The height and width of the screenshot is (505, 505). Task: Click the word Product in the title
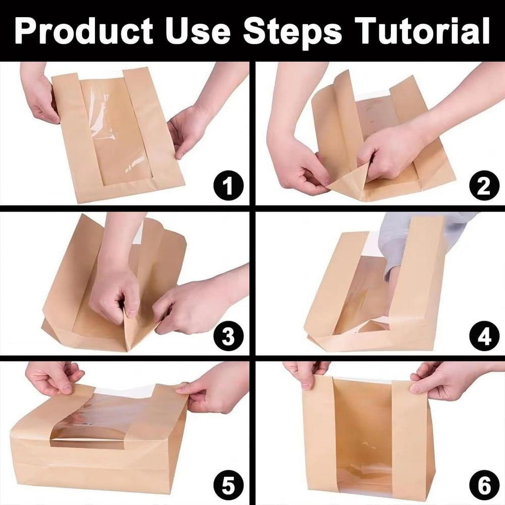pos(84,31)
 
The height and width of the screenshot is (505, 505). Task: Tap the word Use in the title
pos(198,31)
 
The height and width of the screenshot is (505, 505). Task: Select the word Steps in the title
pos(292,32)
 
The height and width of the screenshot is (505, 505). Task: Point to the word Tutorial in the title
pos(422,31)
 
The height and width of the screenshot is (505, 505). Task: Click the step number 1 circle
pos(228,185)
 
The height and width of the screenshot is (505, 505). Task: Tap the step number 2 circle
pos(484,185)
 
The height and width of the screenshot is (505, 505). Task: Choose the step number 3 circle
pos(228,336)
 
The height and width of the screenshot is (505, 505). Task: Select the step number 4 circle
pos(484,336)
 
